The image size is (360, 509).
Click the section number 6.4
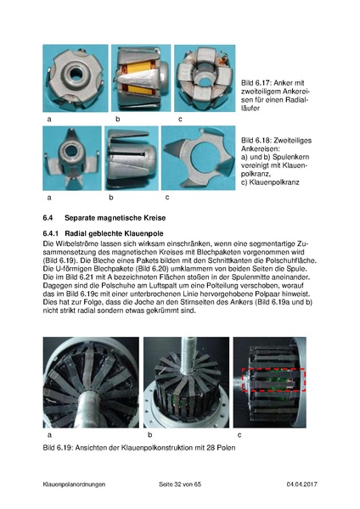(x=48, y=218)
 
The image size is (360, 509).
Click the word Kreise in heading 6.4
(x=155, y=218)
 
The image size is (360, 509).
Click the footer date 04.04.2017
(x=302, y=484)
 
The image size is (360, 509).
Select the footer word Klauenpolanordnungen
(x=74, y=484)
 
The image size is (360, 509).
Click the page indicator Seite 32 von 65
(x=180, y=484)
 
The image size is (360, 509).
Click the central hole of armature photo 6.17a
(x=76, y=74)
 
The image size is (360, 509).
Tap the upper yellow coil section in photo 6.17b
(x=138, y=67)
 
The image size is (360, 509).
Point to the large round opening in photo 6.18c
(x=204, y=156)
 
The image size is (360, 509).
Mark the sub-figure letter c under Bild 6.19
(x=239, y=435)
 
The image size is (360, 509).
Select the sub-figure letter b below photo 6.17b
(x=118, y=119)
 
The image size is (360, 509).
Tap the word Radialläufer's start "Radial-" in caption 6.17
(x=296, y=100)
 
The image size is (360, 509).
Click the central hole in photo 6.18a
(x=70, y=150)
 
